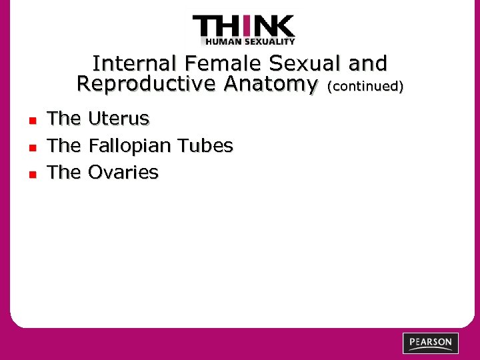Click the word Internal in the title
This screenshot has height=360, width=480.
pyautogui.click(x=135, y=64)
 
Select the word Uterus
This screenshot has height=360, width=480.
pyautogui.click(x=119, y=119)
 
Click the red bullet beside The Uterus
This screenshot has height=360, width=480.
pyautogui.click(x=31, y=121)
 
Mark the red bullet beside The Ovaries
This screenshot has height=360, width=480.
pyautogui.click(x=31, y=174)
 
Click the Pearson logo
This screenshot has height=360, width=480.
pyautogui.click(x=431, y=343)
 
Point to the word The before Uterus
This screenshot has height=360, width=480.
pyautogui.click(x=64, y=119)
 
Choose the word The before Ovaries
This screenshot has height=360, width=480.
pyautogui.click(x=64, y=172)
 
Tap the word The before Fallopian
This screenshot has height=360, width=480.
pyautogui.click(x=64, y=145)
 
